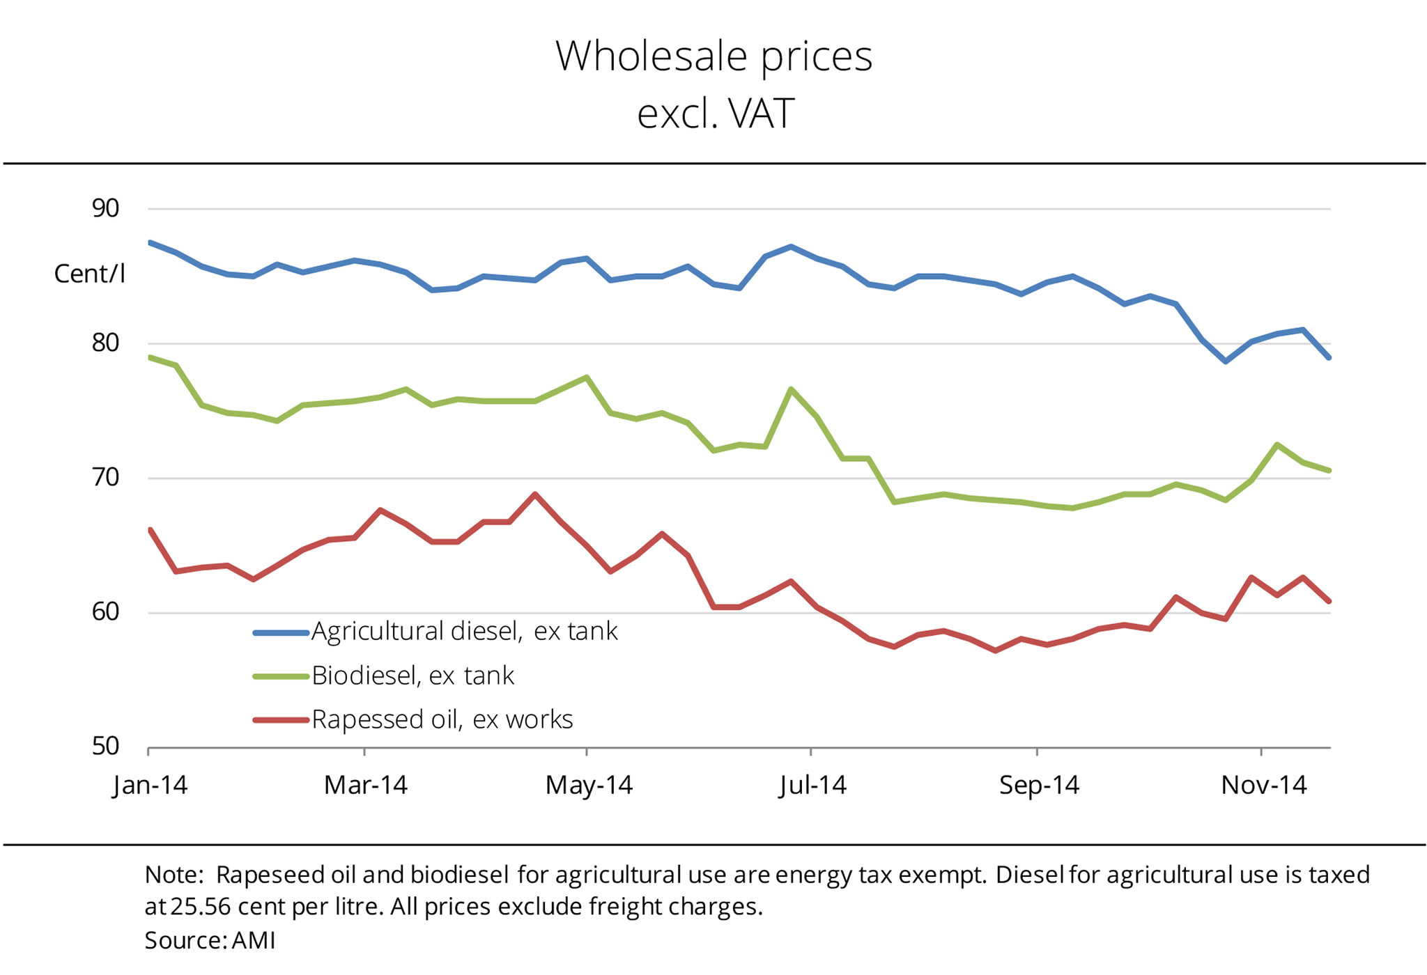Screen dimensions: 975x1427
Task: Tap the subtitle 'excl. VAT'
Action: coord(715,114)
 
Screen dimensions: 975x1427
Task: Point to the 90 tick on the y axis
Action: coord(106,208)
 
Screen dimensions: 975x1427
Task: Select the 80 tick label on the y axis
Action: coord(106,343)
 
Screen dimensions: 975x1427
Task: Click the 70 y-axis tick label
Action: coord(106,478)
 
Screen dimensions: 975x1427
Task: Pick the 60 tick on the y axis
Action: coord(106,612)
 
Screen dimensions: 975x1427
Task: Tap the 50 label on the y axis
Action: coord(106,747)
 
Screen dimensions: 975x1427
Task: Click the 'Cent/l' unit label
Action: coord(90,274)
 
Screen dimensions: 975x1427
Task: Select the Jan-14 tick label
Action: coord(151,786)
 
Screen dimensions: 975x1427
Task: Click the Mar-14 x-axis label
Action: coord(365,786)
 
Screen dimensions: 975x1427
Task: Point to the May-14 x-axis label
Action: coord(589,786)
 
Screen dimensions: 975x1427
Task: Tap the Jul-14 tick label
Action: coord(812,786)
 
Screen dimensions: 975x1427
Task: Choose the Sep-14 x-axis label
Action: coord(1039,786)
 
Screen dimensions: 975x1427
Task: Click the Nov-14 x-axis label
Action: coord(1264,786)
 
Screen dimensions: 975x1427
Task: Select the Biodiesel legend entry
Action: coord(412,676)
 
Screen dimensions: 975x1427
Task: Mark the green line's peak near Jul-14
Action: coord(791,389)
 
